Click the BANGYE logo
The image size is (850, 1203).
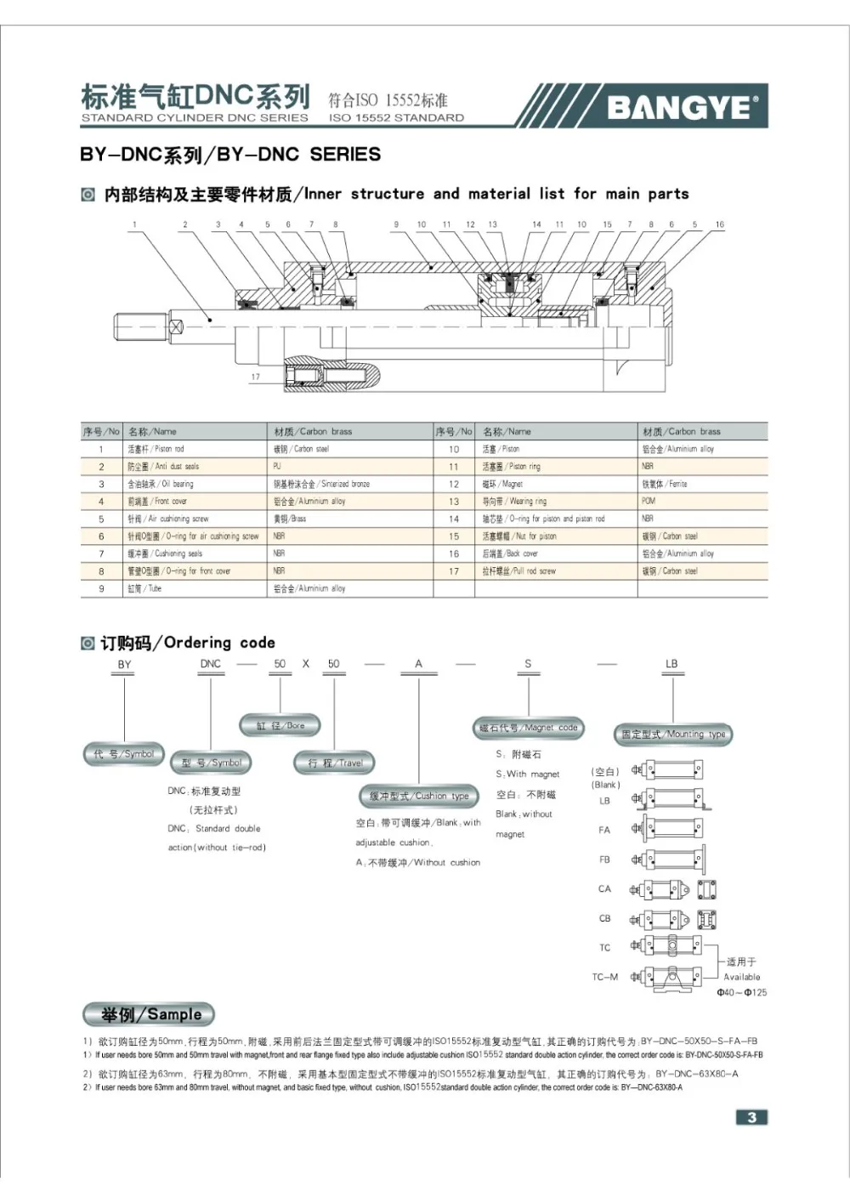point(680,106)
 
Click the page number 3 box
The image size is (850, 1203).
point(751,1117)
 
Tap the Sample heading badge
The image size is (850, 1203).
point(150,1014)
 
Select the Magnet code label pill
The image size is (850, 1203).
point(528,728)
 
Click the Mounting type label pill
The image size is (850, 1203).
point(673,735)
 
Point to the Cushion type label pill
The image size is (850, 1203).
point(419,797)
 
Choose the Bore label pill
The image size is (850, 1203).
point(280,726)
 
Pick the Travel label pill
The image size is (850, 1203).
point(335,763)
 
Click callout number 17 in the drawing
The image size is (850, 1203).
point(255,377)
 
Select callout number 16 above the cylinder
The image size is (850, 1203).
point(719,225)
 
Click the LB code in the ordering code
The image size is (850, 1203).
point(671,664)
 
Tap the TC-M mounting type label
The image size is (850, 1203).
point(605,977)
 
